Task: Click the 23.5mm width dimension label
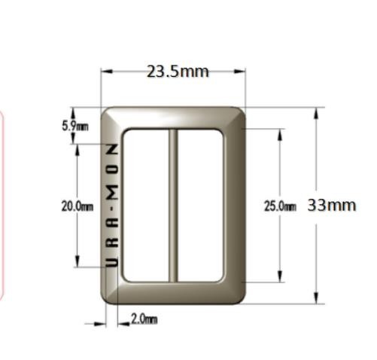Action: point(178,72)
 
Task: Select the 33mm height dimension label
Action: point(332,205)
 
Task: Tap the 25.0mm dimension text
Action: point(280,206)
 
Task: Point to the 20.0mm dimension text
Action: point(78,206)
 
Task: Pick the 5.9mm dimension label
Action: point(75,126)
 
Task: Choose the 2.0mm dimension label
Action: point(144,319)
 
